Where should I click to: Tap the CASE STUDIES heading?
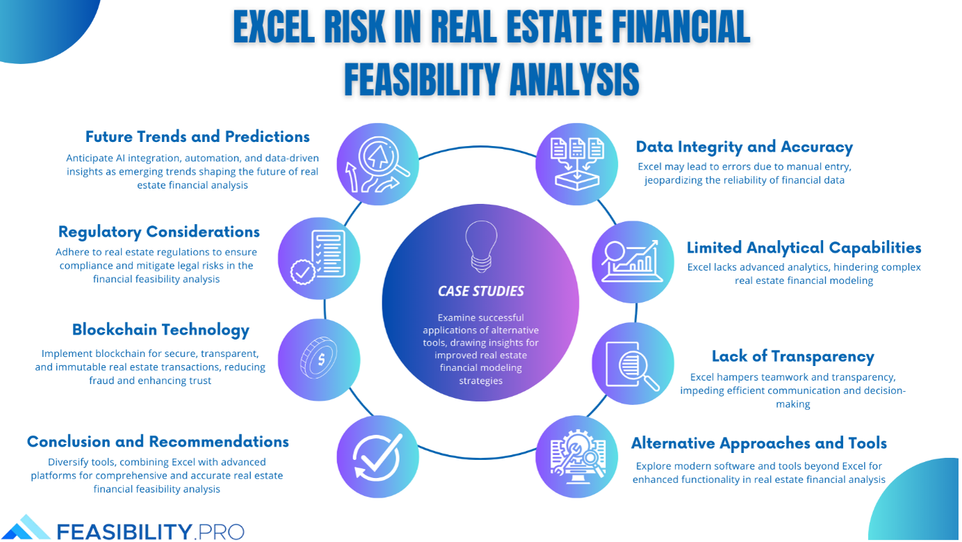point(481,292)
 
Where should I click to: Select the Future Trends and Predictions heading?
point(197,136)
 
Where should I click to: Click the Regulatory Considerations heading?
point(159,232)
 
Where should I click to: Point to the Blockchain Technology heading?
point(161,330)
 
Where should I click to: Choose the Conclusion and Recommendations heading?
point(158,442)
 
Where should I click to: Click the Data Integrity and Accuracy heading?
point(744,147)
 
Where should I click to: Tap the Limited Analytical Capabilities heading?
point(804,248)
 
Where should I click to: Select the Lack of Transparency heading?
point(793,357)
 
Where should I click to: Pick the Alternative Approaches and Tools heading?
point(759,443)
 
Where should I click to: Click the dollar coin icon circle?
point(319,360)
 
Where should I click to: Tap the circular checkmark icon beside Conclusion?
point(377,456)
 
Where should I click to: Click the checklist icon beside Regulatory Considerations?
point(319,258)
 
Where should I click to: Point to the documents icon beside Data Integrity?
point(577,164)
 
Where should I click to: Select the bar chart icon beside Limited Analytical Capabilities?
point(633,261)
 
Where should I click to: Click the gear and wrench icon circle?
point(577,456)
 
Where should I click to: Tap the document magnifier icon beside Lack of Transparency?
point(633,364)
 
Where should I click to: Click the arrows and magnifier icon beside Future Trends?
point(377,164)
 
